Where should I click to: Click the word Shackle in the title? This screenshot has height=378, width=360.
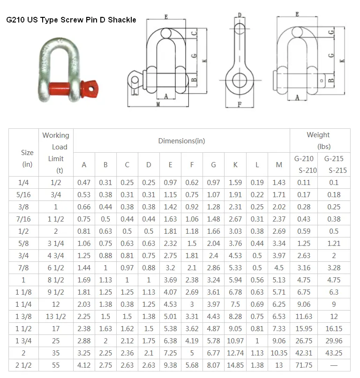(x=121, y=20)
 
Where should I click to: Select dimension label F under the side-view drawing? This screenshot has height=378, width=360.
(x=240, y=104)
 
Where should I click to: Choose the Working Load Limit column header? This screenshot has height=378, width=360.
(x=56, y=153)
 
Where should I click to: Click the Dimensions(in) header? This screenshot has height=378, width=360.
(x=181, y=141)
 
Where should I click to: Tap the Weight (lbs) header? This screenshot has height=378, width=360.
(x=318, y=141)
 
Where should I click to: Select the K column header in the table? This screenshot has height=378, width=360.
(x=235, y=164)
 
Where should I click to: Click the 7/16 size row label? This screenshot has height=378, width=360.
(x=27, y=219)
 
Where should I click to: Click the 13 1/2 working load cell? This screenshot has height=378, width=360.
(x=56, y=317)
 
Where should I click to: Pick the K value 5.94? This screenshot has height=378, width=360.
(x=235, y=280)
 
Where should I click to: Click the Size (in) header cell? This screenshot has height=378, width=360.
(x=27, y=158)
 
